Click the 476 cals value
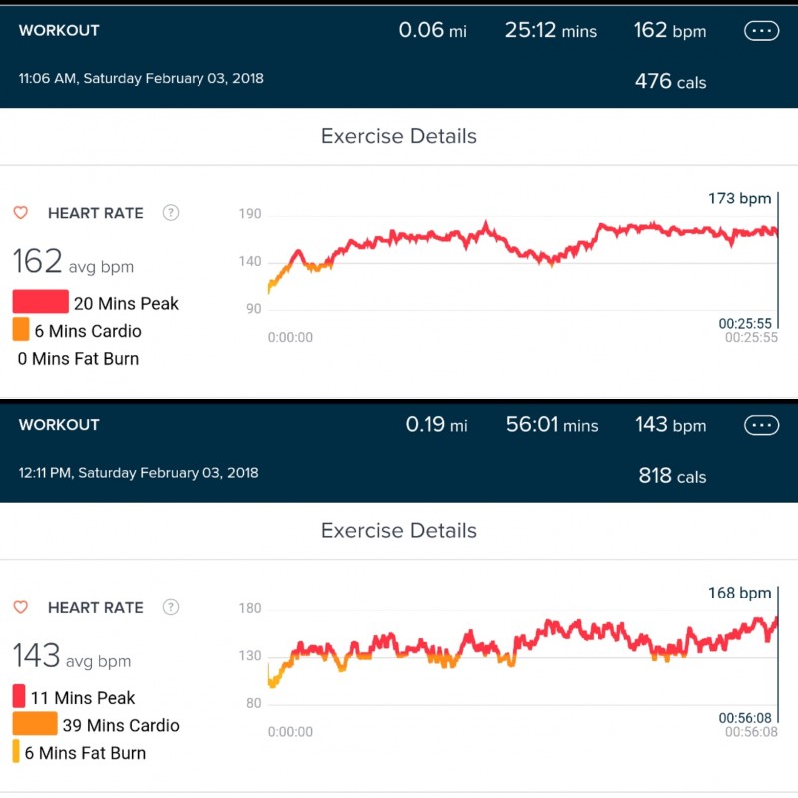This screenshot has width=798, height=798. tap(670, 81)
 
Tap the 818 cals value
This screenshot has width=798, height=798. tap(672, 476)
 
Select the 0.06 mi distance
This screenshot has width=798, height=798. tap(432, 31)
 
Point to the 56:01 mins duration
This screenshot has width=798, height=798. tap(552, 426)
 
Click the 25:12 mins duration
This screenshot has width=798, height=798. tap(550, 31)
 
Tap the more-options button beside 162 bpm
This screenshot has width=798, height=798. tap(761, 31)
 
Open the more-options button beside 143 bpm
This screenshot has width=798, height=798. tap(761, 426)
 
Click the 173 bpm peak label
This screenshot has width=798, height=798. tap(740, 199)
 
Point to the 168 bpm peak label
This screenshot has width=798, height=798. tap(740, 594)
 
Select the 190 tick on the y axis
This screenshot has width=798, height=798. tap(250, 214)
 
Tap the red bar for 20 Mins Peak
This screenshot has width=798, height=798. tap(41, 302)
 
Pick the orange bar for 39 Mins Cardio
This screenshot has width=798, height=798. tap(35, 724)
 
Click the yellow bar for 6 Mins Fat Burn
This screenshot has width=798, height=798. tap(16, 752)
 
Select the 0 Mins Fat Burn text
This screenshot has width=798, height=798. tap(78, 359)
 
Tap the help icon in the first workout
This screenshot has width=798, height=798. tap(171, 212)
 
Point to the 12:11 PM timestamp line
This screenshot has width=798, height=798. tap(139, 472)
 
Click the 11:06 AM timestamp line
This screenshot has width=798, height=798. tap(142, 77)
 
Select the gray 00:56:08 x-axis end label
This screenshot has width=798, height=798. tap(751, 732)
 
